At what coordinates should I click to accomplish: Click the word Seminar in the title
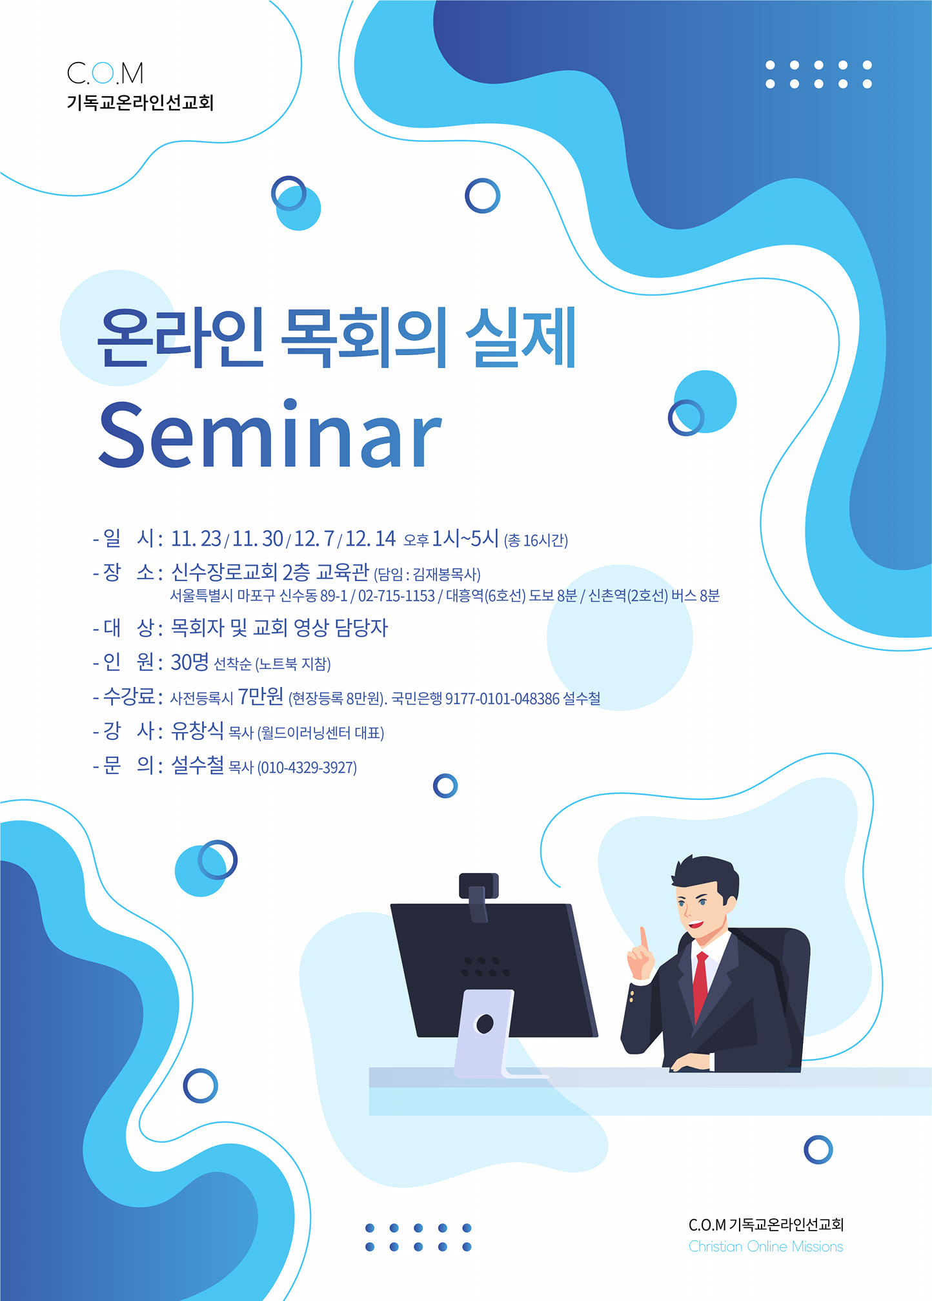[x=270, y=434]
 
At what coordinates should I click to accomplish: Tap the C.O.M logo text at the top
[x=105, y=73]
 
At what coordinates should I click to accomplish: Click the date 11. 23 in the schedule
[x=196, y=538]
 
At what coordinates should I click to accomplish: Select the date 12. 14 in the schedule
[x=370, y=538]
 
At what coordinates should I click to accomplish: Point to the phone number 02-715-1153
[x=396, y=596]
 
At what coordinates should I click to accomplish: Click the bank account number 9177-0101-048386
[x=502, y=699]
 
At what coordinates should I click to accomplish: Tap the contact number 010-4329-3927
[x=307, y=768]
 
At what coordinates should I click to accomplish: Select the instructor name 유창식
[x=198, y=730]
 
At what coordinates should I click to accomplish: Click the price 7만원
[x=261, y=696]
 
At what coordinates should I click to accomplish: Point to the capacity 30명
[x=190, y=662]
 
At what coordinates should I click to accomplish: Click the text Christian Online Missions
[x=765, y=1247]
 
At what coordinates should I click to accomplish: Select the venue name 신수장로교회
[x=225, y=572]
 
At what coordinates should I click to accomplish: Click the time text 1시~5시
[x=465, y=538]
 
